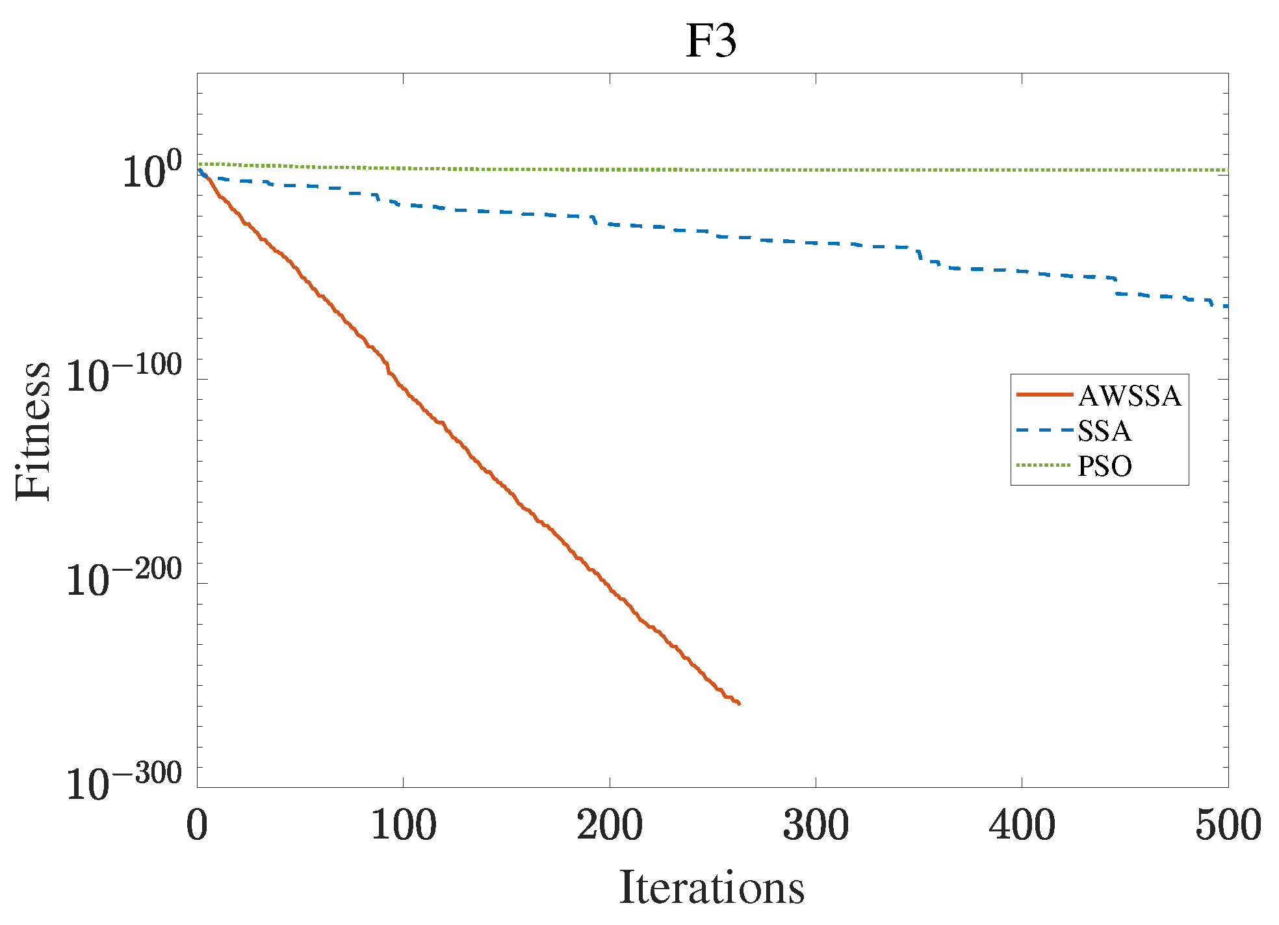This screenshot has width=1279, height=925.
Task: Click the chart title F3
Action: point(711,41)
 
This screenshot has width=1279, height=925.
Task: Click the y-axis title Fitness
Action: point(32,430)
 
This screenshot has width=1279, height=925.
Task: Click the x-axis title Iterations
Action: point(712,888)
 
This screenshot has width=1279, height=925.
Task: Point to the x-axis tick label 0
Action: point(197,826)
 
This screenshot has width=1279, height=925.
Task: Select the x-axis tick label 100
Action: point(403,826)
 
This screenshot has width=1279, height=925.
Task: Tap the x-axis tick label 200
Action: point(610,826)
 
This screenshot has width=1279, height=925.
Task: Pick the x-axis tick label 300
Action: point(816,826)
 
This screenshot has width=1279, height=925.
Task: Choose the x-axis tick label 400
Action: point(1022,826)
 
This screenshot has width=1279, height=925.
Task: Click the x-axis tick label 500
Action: point(1228,826)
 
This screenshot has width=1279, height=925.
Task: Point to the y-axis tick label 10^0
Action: point(152,170)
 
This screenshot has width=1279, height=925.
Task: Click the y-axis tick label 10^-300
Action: point(124,783)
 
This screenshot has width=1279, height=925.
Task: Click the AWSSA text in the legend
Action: point(1130,396)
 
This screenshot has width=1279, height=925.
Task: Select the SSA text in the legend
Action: point(1104,431)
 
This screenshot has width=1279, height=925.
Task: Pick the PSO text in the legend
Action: point(1105,466)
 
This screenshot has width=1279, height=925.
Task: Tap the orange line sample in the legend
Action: point(1044,395)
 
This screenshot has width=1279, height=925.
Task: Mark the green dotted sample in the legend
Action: point(1044,465)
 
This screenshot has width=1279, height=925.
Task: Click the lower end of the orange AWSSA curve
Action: point(740,703)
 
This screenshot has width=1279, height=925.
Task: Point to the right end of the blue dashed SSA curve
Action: point(1226,306)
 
